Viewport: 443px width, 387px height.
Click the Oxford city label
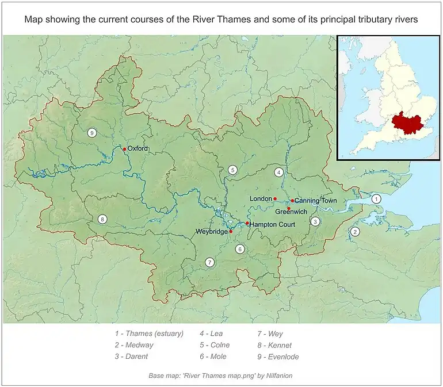138,148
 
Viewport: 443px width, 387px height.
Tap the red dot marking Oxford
124,149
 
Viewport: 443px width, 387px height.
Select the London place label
260,199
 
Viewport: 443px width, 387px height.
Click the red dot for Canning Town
292,201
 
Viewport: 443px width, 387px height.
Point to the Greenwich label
291,212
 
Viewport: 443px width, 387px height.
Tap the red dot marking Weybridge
231,232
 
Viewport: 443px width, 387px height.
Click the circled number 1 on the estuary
376,199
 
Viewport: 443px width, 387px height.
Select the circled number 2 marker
355,232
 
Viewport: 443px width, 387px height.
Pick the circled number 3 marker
315,221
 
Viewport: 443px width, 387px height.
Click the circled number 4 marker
278,172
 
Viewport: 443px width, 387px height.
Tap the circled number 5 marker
232,170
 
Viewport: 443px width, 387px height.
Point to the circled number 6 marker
239,249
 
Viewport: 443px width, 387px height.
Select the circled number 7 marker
209,262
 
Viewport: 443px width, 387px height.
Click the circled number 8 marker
102,219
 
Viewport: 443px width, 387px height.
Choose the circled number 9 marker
91,133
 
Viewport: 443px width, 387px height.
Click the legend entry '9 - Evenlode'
278,357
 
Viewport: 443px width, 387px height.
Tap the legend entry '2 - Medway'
133,345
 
